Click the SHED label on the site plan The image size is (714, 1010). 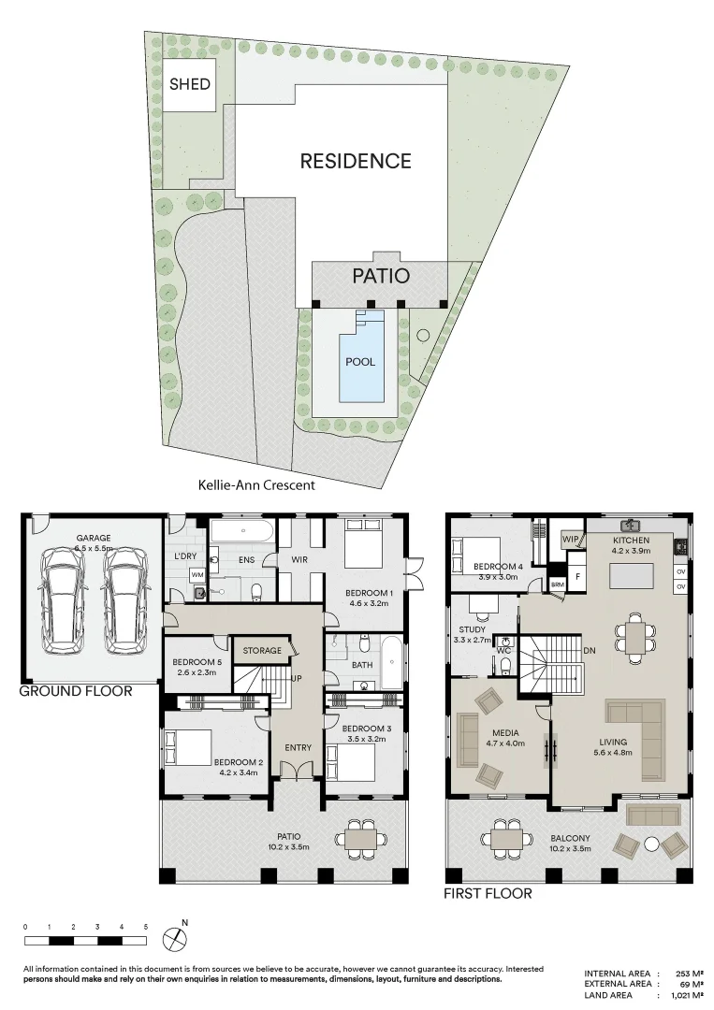tap(189, 84)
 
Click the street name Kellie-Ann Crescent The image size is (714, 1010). tap(257, 485)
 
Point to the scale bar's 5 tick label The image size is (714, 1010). tap(146, 926)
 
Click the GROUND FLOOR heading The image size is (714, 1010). tap(76, 692)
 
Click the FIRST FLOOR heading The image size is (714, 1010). tap(488, 893)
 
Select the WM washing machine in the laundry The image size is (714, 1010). tap(197, 574)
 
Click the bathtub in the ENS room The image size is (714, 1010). tap(241, 532)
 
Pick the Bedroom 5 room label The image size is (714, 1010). tap(195, 667)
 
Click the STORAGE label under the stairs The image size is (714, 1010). tap(262, 650)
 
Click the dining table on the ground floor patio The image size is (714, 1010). tap(360, 838)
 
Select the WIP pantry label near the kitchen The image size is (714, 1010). tap(569, 540)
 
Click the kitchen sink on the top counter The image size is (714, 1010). tap(633, 525)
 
